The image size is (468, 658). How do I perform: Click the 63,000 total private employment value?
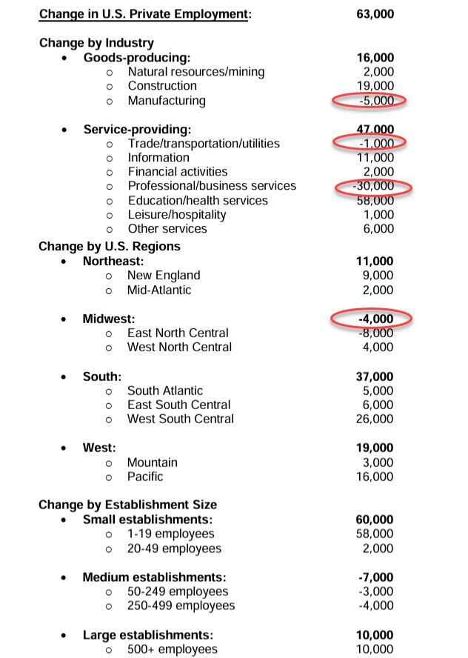[375, 14]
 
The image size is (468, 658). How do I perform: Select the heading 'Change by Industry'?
[96, 43]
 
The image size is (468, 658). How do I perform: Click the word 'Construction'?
[162, 86]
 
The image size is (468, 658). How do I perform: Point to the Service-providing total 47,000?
[375, 130]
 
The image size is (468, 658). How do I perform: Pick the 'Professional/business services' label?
[211, 186]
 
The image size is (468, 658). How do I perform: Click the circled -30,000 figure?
[373, 186]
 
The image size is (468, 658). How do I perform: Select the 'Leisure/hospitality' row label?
[177, 215]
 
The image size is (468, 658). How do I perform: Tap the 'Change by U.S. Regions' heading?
[110, 247]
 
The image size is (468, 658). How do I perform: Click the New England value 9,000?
[378, 276]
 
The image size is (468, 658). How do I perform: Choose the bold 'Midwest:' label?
[109, 319]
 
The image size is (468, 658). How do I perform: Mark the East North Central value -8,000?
[375, 333]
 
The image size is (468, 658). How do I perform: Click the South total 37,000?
[375, 377]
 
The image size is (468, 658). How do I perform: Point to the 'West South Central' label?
[180, 419]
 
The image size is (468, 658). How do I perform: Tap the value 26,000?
[375, 419]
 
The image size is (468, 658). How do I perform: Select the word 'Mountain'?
[152, 463]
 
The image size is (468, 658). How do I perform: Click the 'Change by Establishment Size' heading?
[128, 505]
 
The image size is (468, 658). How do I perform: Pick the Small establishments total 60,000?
[375, 520]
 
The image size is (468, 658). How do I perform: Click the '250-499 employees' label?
[181, 606]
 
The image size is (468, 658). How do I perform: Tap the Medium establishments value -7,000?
[375, 578]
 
